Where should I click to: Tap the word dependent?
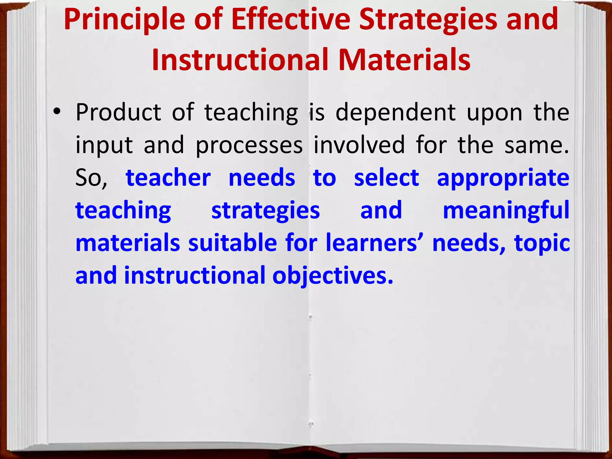pos(396,113)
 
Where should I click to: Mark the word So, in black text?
pos(91,178)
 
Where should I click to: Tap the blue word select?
pos(386,178)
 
